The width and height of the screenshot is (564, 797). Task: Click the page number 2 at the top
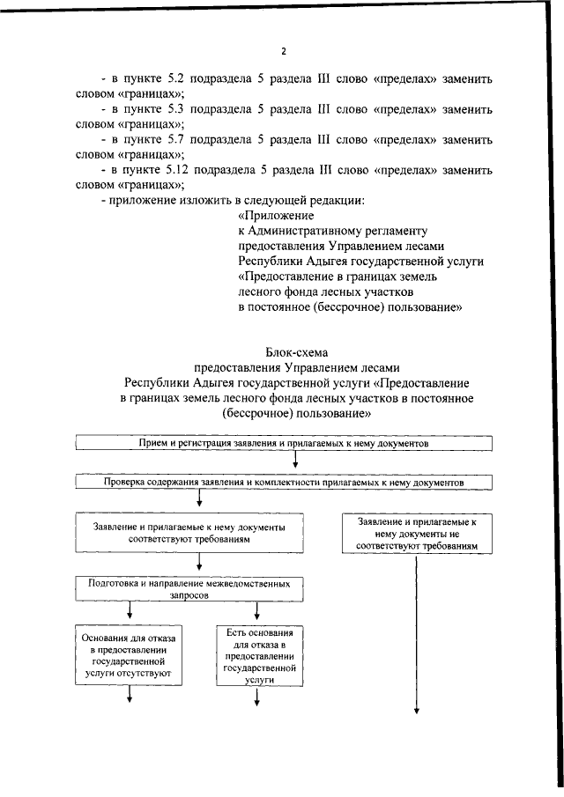point(284,51)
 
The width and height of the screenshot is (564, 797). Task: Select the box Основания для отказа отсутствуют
point(131,656)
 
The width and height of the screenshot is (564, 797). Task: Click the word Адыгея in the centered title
point(211,383)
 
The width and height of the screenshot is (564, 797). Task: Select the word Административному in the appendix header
point(308,231)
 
